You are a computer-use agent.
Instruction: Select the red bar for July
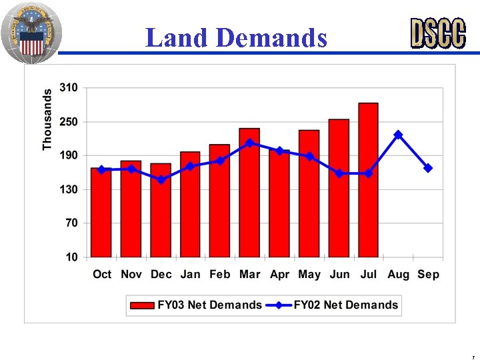tap(368, 180)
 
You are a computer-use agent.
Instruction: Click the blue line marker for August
tap(398, 135)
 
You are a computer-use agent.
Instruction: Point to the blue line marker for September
tap(428, 168)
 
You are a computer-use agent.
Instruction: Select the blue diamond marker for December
tap(161, 179)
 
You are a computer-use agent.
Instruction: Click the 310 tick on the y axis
tap(68, 87)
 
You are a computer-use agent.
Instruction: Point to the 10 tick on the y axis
tap(71, 257)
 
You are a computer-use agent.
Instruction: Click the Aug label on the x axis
tap(398, 274)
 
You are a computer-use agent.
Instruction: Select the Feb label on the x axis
tap(219, 274)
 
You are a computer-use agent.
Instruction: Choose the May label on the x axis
tap(309, 274)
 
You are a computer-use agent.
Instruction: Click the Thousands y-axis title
tap(47, 119)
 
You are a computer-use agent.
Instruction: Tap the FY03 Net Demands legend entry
tap(196, 305)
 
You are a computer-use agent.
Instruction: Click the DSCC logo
tap(437, 33)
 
